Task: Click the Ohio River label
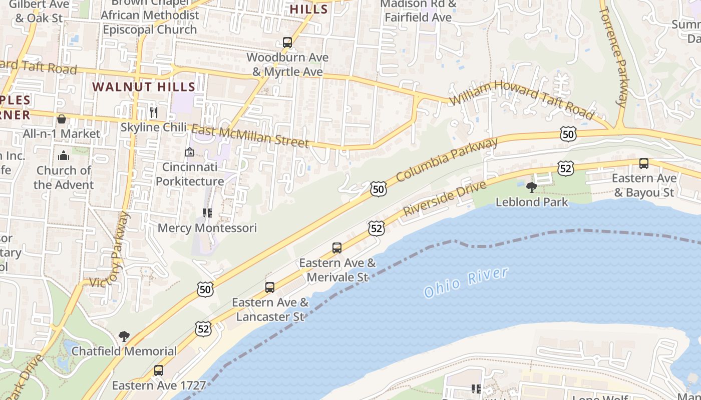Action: coord(466,282)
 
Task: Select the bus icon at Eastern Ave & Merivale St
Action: coord(337,247)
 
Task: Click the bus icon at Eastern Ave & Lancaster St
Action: coord(270,287)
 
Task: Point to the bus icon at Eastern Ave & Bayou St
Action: coord(644,163)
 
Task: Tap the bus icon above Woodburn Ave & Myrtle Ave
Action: coord(287,42)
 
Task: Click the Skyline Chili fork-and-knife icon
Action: coord(154,112)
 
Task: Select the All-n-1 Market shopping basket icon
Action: coord(62,119)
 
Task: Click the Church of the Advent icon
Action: coord(64,155)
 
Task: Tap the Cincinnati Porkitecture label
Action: coord(190,174)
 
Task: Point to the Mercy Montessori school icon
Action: coord(207,213)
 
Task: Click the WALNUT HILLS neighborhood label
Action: coord(144,86)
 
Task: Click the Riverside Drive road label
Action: coord(444,198)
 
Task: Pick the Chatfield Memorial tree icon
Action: coord(124,336)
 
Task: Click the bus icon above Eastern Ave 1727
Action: coord(159,370)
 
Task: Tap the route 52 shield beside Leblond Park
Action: coord(565,168)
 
